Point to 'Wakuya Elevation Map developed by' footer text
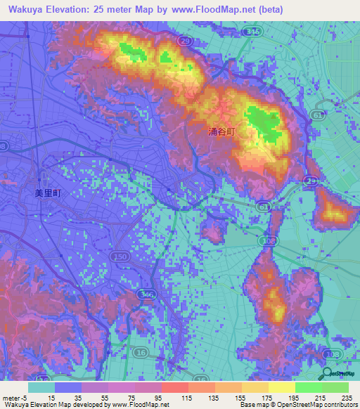[53, 403]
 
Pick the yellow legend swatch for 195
[281, 387]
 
